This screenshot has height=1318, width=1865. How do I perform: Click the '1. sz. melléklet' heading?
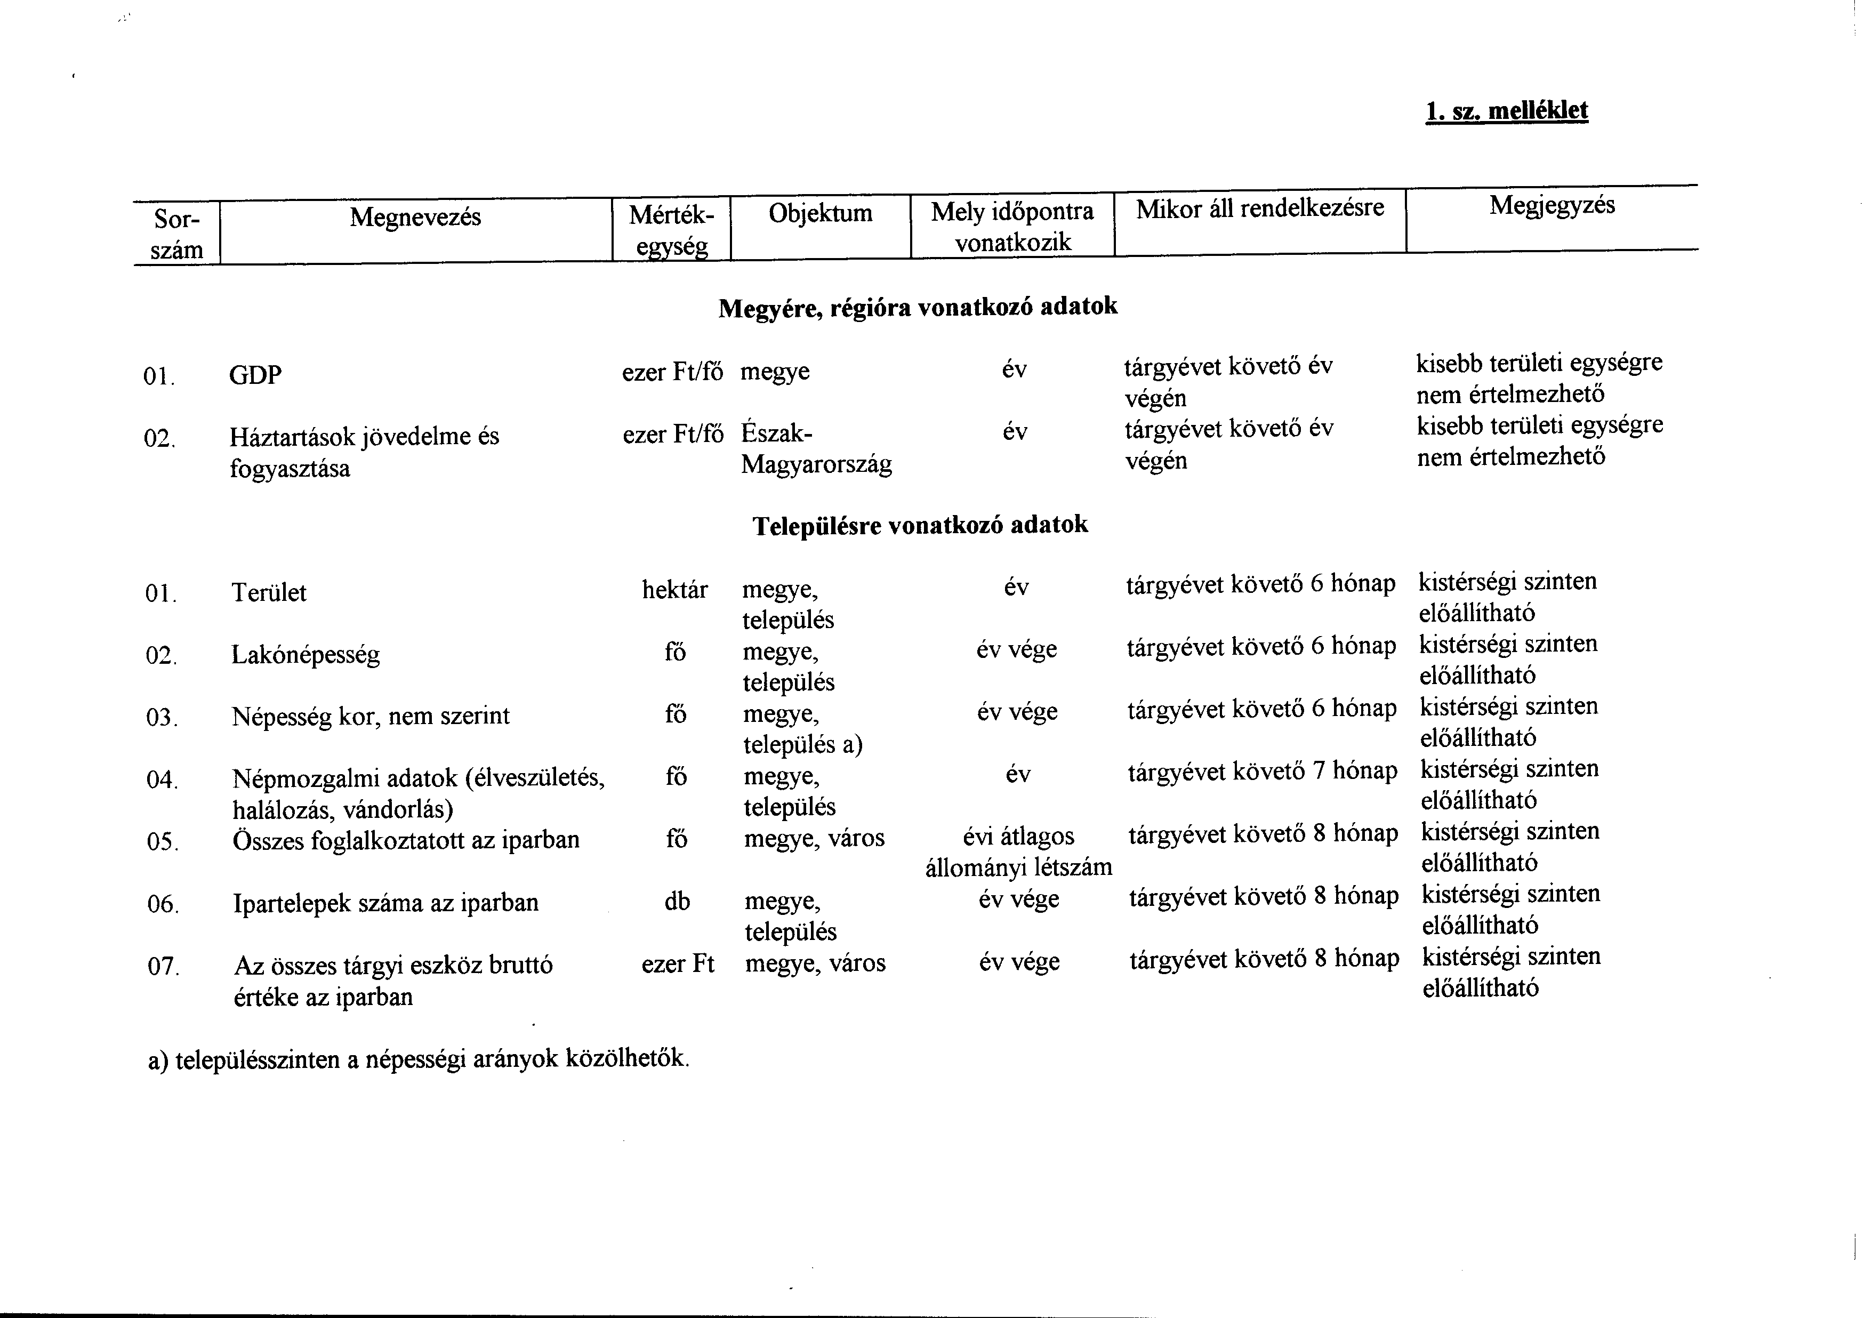(1506, 110)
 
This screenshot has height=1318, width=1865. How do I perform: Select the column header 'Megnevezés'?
(415, 218)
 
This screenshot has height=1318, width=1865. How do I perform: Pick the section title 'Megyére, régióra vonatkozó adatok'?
(918, 308)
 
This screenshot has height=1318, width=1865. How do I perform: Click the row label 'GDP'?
(255, 376)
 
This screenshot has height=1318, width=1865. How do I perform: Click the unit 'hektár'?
(674, 590)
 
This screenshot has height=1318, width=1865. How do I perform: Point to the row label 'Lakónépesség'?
(306, 655)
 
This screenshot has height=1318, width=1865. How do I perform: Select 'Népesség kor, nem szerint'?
(371, 716)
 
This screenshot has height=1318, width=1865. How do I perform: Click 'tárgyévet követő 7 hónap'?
(1263, 770)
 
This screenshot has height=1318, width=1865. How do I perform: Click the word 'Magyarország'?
(816, 464)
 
